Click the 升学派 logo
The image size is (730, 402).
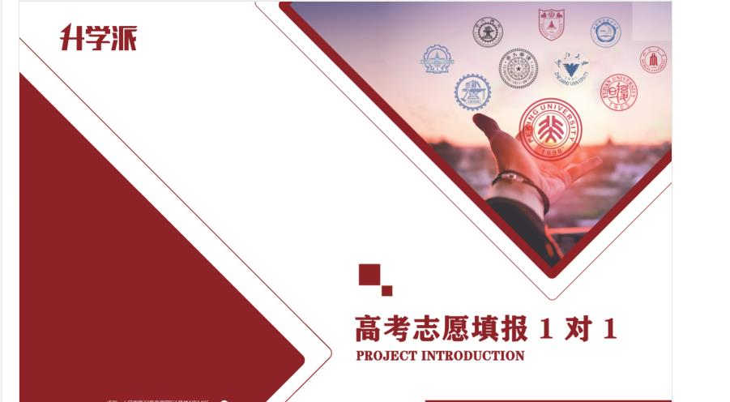tap(98, 37)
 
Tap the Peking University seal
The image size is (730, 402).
tap(550, 129)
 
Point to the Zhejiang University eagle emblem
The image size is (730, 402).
tap(571, 68)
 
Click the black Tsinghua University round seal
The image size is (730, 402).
tap(518, 68)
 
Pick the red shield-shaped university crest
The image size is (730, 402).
tap(551, 24)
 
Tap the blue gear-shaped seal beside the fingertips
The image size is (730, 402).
tap(472, 92)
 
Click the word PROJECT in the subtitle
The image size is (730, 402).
tap(384, 356)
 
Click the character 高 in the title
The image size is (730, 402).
tap(369, 329)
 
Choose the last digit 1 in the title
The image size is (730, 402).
tap(610, 329)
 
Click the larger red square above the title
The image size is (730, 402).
tap(369, 275)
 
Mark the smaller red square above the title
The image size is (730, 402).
tap(386, 290)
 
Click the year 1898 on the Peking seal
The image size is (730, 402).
tap(550, 152)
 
